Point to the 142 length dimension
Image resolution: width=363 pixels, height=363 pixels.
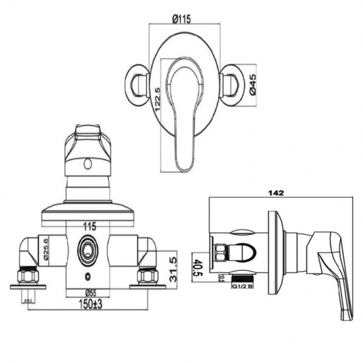tap(276, 193)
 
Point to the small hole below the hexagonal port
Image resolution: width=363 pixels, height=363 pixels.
tap(88, 277)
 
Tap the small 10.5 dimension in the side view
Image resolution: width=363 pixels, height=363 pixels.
tap(221, 278)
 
